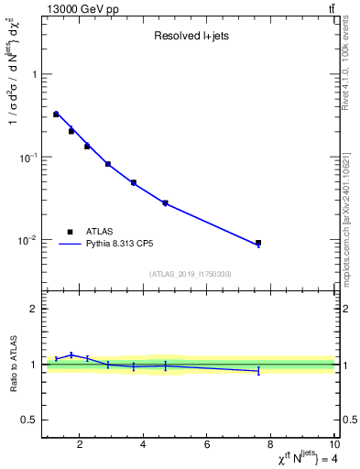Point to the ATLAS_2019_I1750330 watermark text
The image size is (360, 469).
click(x=190, y=274)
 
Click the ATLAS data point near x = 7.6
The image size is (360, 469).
click(x=258, y=243)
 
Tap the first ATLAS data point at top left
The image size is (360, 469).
click(x=56, y=115)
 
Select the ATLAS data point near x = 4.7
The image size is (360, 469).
click(x=165, y=202)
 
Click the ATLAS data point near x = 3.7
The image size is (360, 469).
click(x=134, y=182)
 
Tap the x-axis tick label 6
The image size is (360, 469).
click(x=207, y=445)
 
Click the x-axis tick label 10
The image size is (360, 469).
click(x=333, y=445)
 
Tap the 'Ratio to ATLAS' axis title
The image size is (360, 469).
click(x=13, y=364)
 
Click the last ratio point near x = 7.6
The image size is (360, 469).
click(x=258, y=371)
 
